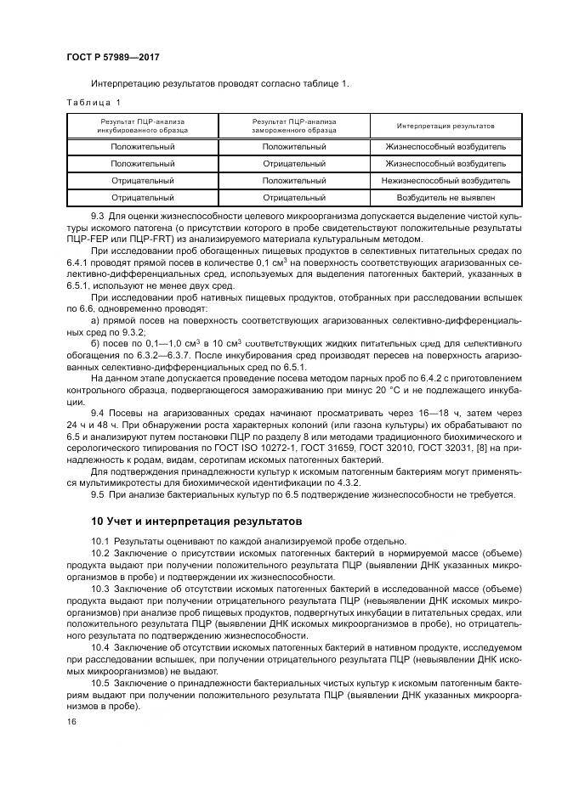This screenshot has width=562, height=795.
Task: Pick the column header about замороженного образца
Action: click(294, 126)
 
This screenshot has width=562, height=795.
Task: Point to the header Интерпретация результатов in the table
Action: click(446, 126)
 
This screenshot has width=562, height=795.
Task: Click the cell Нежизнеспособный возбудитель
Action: click(446, 181)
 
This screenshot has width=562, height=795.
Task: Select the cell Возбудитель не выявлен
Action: click(446, 198)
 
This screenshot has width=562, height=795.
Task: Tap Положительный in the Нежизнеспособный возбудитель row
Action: click(294, 181)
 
